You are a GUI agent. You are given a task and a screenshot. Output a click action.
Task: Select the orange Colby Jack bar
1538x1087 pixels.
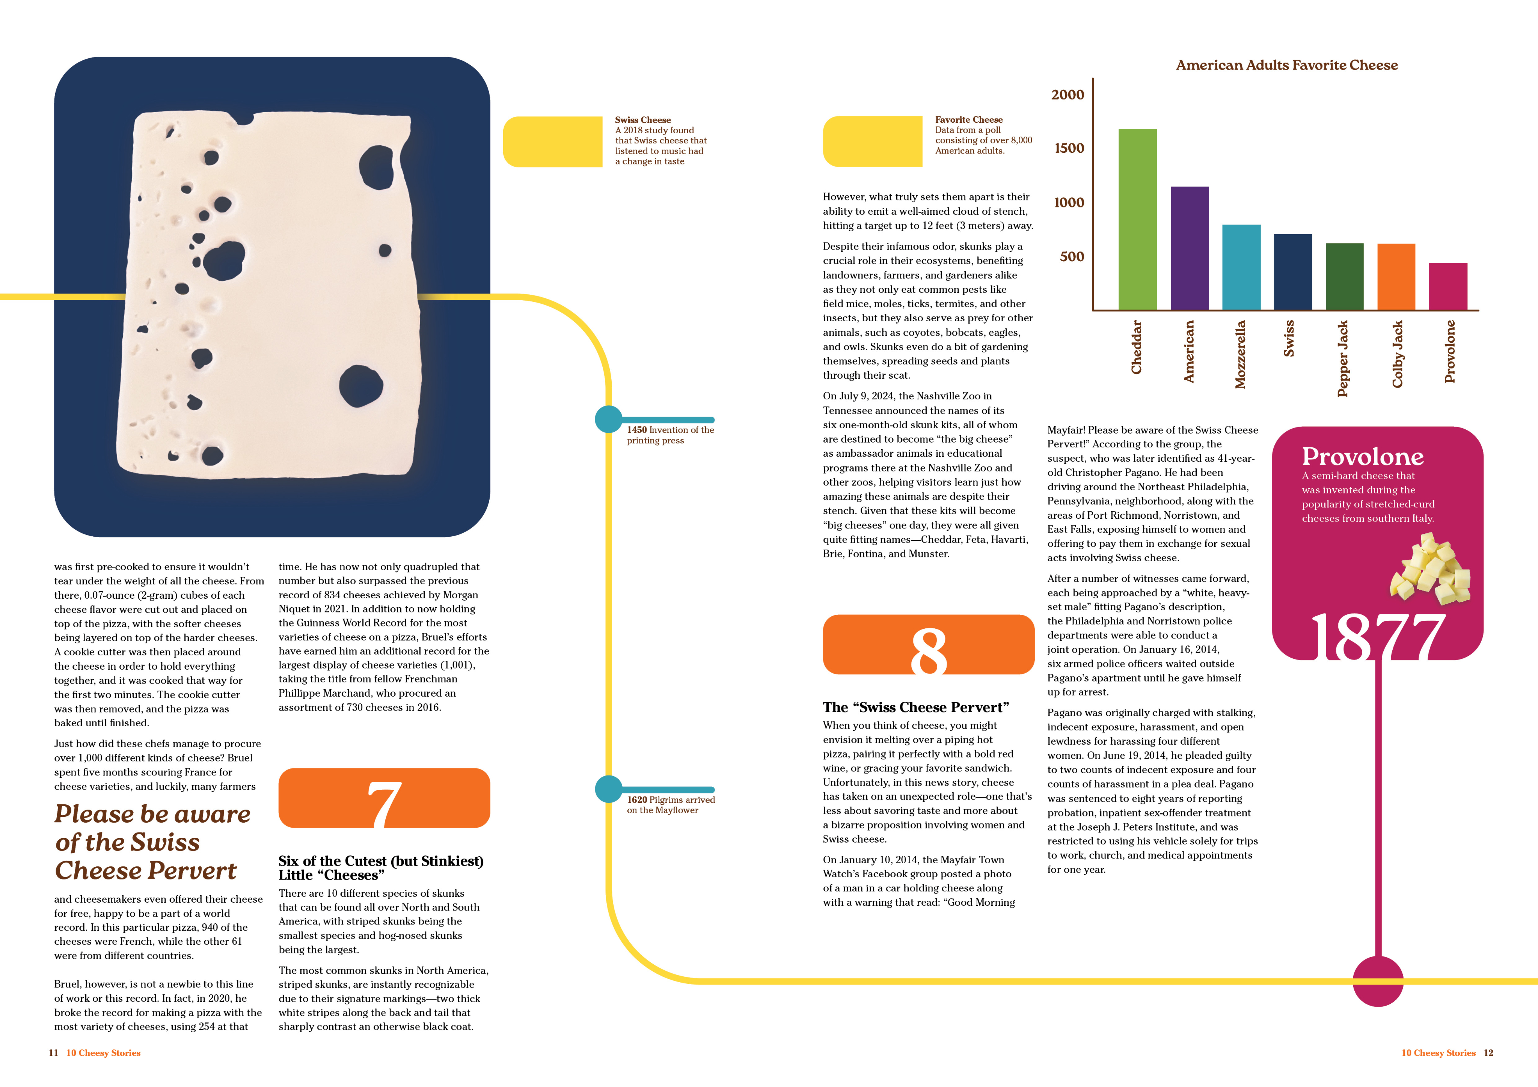tap(1396, 277)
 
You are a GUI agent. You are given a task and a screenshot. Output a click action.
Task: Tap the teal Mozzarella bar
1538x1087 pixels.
tap(1241, 267)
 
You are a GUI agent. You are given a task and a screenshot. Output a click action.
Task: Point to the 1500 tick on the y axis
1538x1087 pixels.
tap(1069, 148)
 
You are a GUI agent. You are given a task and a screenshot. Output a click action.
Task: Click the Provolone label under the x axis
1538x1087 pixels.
tap(1450, 352)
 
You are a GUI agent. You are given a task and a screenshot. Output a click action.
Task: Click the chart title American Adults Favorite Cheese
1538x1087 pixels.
tap(1287, 65)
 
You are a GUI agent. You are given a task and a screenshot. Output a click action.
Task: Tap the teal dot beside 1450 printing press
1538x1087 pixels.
tap(608, 419)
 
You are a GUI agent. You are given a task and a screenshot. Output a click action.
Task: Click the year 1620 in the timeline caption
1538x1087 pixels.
tap(637, 800)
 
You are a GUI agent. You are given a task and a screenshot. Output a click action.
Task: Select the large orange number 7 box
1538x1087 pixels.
tap(384, 798)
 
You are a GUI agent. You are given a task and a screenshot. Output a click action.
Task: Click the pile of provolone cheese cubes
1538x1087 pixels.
tap(1431, 568)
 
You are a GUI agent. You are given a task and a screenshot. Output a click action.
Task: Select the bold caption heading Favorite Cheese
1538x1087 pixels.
tap(969, 119)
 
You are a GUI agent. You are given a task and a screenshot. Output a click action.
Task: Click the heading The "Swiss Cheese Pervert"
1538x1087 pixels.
tap(916, 707)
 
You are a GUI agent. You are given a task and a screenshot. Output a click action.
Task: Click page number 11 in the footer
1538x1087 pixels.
tap(54, 1053)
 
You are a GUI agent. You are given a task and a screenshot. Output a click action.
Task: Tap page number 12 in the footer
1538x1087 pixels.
tap(1488, 1053)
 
